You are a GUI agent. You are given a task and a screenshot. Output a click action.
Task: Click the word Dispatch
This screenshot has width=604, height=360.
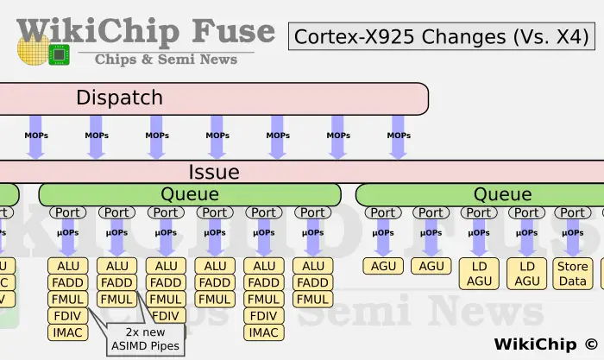pos(119,98)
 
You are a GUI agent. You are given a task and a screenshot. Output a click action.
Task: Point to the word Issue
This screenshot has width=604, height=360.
pos(213,171)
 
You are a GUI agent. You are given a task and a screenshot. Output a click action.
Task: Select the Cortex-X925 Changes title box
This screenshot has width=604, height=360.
pos(441,36)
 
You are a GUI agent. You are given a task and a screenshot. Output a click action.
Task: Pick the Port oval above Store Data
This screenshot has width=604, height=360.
pos(571,212)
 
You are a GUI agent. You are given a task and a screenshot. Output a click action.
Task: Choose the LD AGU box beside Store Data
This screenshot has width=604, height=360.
pos(527,273)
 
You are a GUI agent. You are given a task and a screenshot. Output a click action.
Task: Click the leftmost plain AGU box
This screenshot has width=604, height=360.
pos(383,266)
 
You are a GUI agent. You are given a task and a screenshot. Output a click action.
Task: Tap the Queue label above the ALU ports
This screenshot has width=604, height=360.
pos(190,194)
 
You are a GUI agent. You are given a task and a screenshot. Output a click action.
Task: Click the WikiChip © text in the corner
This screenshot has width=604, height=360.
pos(544,344)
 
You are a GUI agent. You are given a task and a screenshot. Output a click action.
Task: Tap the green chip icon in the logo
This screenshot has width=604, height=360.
pos(59,54)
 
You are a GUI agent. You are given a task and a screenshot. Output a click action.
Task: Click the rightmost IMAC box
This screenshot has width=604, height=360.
pos(264,332)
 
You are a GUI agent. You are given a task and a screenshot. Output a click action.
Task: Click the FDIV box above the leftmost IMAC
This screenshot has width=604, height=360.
pos(67,316)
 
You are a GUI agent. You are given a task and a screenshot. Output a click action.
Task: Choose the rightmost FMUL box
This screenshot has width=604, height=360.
pos(312,300)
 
